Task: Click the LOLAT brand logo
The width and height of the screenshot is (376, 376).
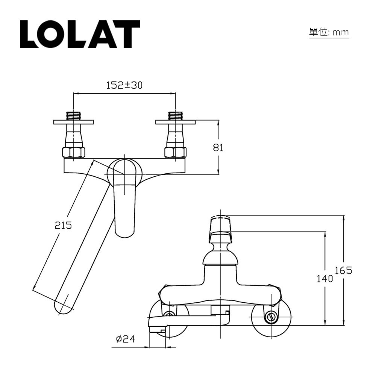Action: (x=80, y=34)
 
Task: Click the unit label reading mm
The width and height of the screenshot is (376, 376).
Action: (x=329, y=32)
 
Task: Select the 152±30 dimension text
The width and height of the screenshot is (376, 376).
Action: (x=124, y=85)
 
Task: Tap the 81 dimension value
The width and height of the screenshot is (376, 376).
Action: (x=218, y=148)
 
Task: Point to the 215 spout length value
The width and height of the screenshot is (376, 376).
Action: (x=63, y=226)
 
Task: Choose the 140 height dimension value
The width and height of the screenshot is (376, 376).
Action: (x=324, y=279)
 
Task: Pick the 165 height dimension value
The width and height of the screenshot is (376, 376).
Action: (x=343, y=270)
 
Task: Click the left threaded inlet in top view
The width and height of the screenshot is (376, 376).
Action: (x=73, y=115)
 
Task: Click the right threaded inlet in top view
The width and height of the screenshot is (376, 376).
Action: (x=176, y=115)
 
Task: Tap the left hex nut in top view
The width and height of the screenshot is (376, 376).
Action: (x=73, y=152)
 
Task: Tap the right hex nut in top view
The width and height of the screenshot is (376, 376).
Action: (x=176, y=152)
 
